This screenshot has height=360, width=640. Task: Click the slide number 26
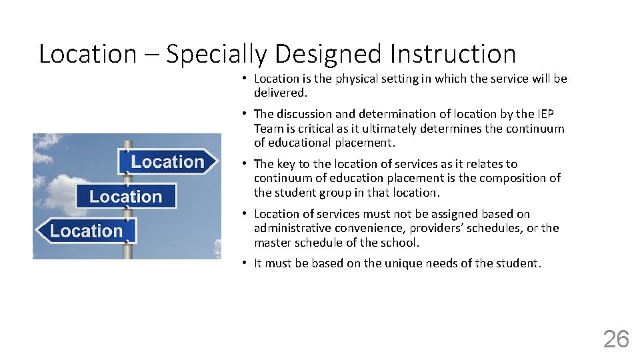click(615, 339)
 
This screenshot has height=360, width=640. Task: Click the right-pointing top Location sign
click(168, 162)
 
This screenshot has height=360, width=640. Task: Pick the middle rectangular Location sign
click(125, 197)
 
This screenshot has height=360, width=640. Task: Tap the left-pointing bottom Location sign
click(85, 231)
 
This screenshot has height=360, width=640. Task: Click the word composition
click(519, 178)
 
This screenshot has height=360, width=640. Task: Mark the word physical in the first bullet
click(356, 79)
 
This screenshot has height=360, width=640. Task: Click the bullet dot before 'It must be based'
click(245, 263)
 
